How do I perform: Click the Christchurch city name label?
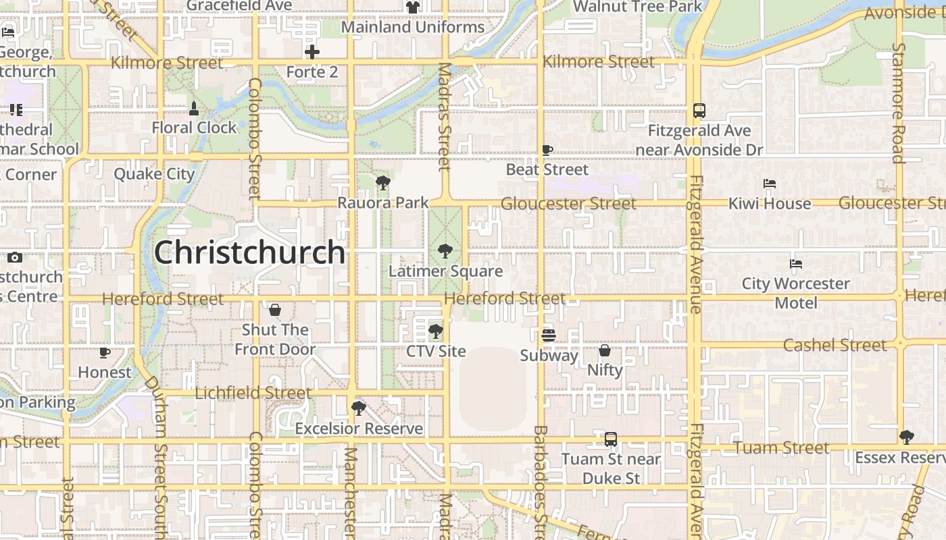249,252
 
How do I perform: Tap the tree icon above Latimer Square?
445,251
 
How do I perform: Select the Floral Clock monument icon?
194,108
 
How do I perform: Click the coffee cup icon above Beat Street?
547,150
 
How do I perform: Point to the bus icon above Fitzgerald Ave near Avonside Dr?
699,111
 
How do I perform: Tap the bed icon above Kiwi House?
769,184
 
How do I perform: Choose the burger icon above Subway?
549,335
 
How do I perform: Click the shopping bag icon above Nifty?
605,350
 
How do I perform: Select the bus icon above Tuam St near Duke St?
611,439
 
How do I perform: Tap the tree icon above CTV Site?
436,331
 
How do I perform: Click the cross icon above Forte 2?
312,52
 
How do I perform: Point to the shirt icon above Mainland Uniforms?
412,7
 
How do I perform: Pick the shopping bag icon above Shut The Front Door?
275,310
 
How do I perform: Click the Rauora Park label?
383,202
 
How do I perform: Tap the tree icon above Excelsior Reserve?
358,408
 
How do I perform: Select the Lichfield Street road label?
253,393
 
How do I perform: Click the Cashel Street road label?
835,345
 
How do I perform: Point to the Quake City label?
154,173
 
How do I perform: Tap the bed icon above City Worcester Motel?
796,264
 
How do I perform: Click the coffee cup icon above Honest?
105,352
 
